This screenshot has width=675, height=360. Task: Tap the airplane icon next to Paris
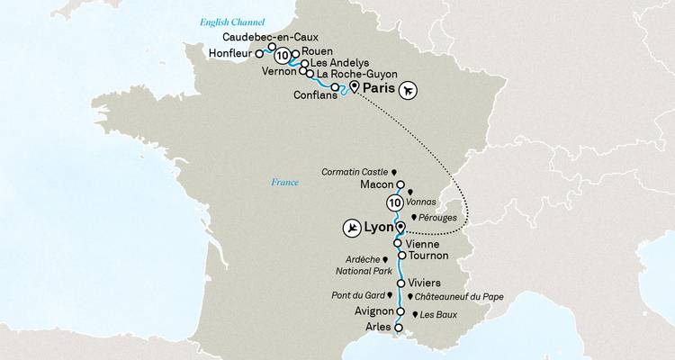(x=410, y=90)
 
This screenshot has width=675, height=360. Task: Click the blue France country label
(x=284, y=183)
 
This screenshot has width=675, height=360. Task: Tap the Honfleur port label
(x=235, y=52)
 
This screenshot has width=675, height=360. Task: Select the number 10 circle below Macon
(x=393, y=202)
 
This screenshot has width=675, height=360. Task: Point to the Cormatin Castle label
(x=353, y=169)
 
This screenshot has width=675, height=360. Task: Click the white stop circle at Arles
(x=398, y=328)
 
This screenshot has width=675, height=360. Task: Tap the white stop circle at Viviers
(x=400, y=283)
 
